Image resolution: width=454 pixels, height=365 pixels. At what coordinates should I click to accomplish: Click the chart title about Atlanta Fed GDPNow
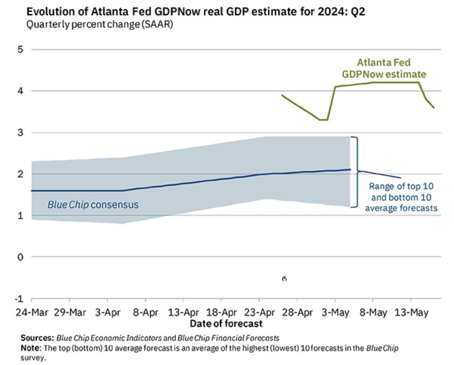tap(196, 12)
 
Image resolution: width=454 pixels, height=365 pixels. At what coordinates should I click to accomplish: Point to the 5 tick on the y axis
tap(20, 49)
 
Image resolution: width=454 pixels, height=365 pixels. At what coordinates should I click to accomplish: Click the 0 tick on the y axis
tap(20, 257)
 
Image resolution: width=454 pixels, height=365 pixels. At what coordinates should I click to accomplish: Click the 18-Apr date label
tap(222, 312)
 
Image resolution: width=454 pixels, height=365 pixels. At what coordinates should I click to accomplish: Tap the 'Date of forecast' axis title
tap(226, 323)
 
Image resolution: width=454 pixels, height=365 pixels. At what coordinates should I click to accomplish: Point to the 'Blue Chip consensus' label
tap(93, 204)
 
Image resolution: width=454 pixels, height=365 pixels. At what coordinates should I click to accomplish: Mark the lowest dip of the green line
tap(323, 120)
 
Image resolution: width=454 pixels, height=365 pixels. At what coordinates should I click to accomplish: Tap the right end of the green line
tap(434, 108)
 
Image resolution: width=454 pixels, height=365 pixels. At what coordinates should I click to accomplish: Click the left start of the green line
tap(282, 95)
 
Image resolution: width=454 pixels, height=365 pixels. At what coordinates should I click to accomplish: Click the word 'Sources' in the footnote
tap(37, 337)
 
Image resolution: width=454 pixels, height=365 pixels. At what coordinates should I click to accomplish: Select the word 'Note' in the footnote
tap(30, 348)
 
